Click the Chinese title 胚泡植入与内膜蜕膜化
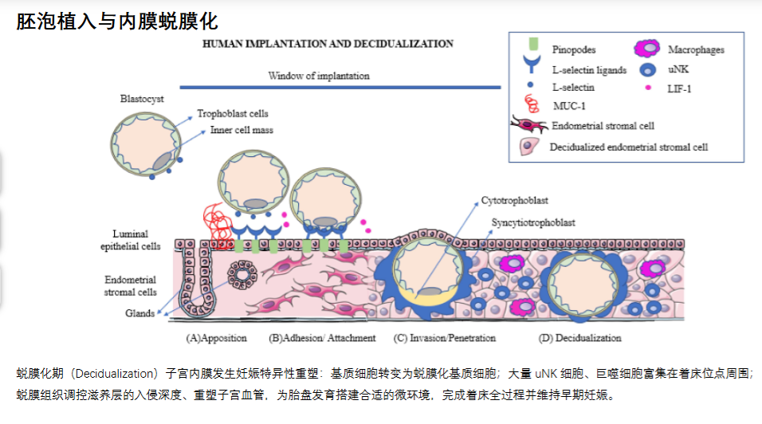pos(117,22)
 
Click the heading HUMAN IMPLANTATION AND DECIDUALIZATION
pos(328,44)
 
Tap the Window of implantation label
pos(319,76)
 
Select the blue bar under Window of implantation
pos(340,88)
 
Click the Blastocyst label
pos(142,99)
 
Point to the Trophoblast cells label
pos(232,113)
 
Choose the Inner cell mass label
pos(242,130)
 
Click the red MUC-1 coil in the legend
pos(532,104)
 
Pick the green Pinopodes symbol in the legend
pos(533,44)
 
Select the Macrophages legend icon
pos(647,48)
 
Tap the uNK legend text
pos(678,69)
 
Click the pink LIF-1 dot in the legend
pos(648,88)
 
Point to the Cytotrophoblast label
pos(515,200)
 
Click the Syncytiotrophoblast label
pos(533,222)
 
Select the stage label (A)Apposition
pos(216,338)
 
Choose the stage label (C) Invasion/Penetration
pos(445,338)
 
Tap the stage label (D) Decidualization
pos(579,338)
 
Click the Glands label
pos(140,313)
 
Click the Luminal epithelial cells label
pos(130,240)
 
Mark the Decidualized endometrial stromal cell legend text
pos(629,147)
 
